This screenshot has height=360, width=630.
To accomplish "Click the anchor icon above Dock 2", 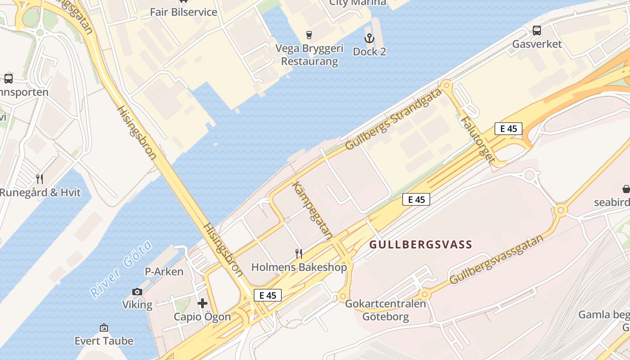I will [x=369, y=38].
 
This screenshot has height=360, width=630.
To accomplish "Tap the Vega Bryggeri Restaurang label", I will [x=309, y=54].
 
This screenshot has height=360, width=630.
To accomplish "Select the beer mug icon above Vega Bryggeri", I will [x=309, y=35].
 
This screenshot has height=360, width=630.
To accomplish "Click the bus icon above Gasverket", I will [x=537, y=31].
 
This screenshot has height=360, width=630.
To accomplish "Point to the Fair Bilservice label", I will [x=184, y=12].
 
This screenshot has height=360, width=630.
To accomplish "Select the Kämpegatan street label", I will [x=312, y=210].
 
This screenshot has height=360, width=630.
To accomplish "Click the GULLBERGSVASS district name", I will [x=421, y=245].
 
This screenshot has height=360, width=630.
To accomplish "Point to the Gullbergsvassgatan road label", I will [x=496, y=259].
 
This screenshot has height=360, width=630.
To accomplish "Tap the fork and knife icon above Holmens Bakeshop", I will [x=299, y=254].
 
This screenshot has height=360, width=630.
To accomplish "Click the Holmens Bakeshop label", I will [x=299, y=267].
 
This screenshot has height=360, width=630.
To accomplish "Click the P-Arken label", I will [x=164, y=272].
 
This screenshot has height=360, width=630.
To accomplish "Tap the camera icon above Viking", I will [x=137, y=292].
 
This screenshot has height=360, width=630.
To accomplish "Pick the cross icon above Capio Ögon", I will [x=202, y=304].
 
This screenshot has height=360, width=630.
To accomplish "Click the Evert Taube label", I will [x=104, y=341].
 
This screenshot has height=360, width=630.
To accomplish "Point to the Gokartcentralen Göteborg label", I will [x=385, y=310].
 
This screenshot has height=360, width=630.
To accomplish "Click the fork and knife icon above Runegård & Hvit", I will [x=40, y=179].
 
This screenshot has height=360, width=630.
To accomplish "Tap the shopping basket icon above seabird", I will [x=626, y=189].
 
